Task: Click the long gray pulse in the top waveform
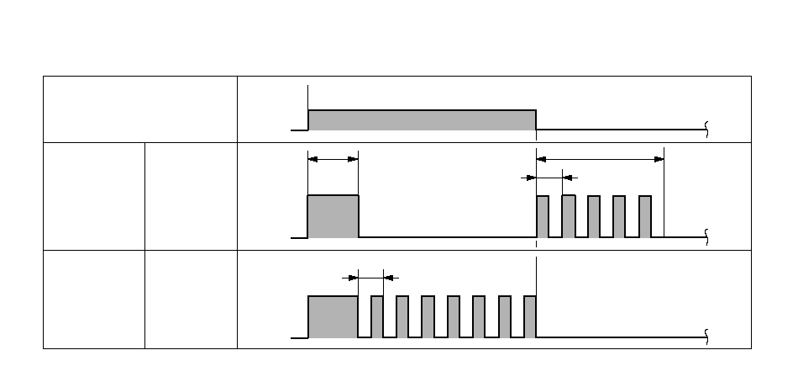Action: coord(423,120)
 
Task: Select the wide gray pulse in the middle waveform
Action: coord(333,216)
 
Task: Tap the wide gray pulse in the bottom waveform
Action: coord(333,316)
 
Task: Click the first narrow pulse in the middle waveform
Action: coord(543,216)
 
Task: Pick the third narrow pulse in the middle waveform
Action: coord(594,216)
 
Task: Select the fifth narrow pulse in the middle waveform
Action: coord(645,216)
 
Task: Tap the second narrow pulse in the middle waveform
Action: coord(569,216)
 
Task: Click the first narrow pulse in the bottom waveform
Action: coord(377,316)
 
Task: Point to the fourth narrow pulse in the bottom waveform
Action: coord(454,316)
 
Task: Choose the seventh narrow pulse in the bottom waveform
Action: coord(530,316)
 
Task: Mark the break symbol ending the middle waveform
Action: coord(706,237)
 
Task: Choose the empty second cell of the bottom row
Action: coord(191,298)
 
